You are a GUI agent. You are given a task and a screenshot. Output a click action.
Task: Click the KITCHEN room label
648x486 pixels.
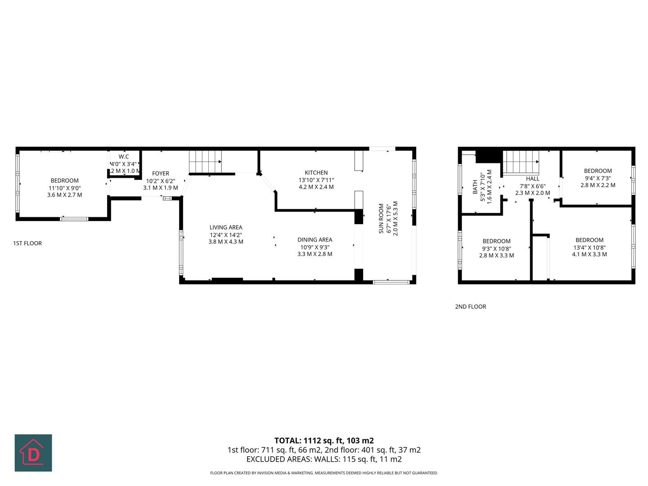pos(316,173)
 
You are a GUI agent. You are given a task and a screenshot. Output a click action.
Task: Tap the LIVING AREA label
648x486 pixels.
pos(225,228)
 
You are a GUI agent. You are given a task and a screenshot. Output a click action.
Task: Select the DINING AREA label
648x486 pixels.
pos(315,240)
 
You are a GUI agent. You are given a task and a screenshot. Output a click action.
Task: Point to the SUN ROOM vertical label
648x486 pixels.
pos(381,219)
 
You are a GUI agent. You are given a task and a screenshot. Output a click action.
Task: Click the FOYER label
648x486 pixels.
pos(161,174)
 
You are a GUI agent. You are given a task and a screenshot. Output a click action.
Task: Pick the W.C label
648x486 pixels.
pos(124,157)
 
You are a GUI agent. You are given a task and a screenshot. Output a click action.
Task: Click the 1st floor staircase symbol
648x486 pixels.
pos(205,162)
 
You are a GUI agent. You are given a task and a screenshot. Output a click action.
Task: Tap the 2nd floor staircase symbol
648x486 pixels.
pos(521,162)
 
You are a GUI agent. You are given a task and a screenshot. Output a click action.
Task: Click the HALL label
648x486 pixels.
pos(532,179)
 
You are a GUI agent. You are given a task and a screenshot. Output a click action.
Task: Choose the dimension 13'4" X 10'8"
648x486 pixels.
pos(589,247)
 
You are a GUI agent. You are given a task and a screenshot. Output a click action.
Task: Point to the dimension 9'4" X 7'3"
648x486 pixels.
pos(598,178)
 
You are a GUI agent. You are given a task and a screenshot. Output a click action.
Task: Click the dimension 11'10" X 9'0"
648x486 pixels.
pos(64,188)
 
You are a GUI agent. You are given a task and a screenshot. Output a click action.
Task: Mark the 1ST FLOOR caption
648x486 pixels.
pos(27,243)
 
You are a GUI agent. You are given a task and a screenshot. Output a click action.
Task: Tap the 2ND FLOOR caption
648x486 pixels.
pos(470,307)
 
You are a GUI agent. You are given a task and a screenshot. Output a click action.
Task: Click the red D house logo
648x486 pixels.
pos(33,453)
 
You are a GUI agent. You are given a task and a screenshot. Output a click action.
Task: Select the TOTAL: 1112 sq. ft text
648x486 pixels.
pos(324,441)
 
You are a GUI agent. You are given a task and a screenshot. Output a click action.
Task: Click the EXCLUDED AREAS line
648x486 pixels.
pos(324,459)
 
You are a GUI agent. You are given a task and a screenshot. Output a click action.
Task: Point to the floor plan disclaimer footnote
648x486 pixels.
pos(324,473)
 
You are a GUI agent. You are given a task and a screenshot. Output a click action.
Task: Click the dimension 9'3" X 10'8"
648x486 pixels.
pos(496,248)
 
